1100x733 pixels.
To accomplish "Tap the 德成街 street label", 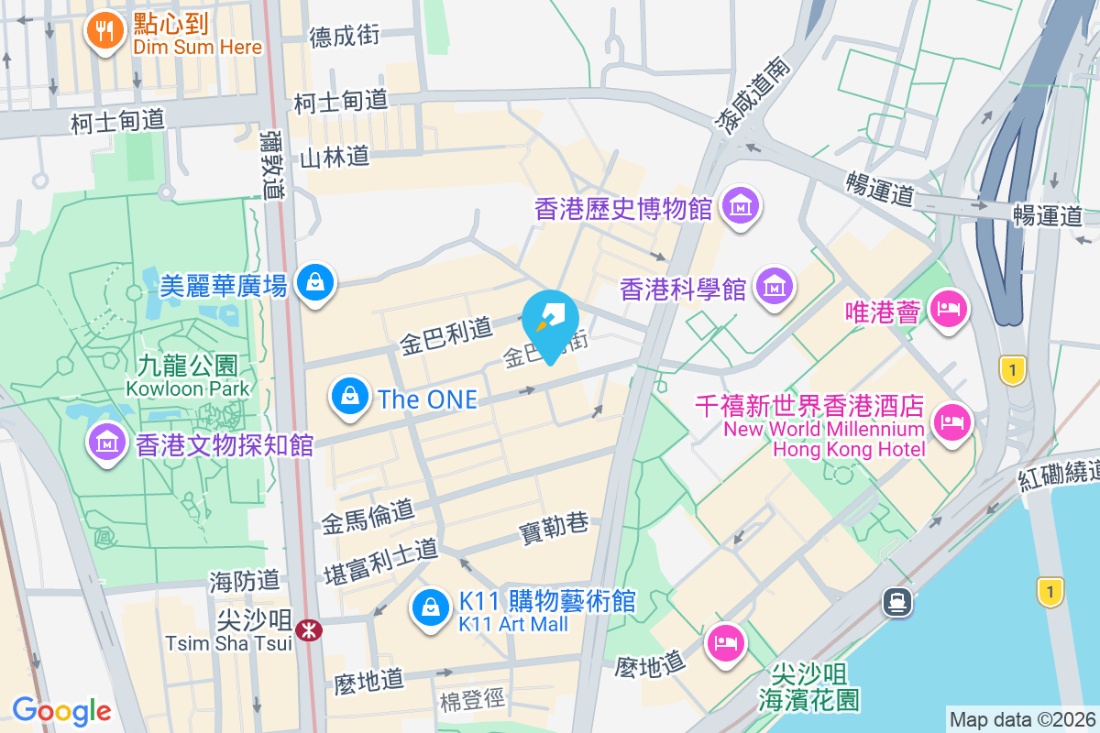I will click(345, 36).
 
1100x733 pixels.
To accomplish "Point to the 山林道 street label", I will click(332, 157).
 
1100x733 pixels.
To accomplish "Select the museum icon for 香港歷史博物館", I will click(739, 205).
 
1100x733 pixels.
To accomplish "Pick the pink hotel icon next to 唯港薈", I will click(948, 309).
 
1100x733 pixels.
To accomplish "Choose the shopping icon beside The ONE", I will click(349, 397).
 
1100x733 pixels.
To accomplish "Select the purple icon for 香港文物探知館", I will click(107, 442).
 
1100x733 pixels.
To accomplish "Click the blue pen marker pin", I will click(550, 322).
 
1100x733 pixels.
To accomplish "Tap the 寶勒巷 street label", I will click(553, 524).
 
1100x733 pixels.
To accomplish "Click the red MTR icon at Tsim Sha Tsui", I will click(310, 629).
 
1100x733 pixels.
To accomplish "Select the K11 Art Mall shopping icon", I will click(429, 607).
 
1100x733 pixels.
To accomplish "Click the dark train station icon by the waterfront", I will click(896, 602).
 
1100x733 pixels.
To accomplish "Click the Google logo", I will click(61, 710).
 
